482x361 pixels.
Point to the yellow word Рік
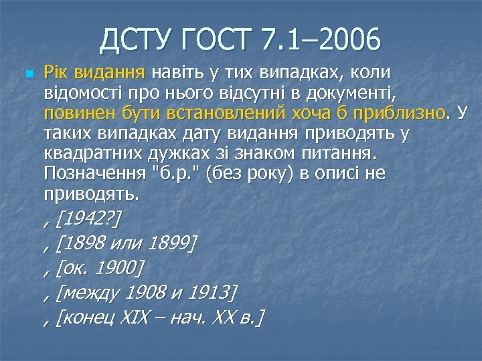[57, 72]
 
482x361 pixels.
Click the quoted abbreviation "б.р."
[175, 175]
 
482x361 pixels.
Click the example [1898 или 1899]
[128, 244]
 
